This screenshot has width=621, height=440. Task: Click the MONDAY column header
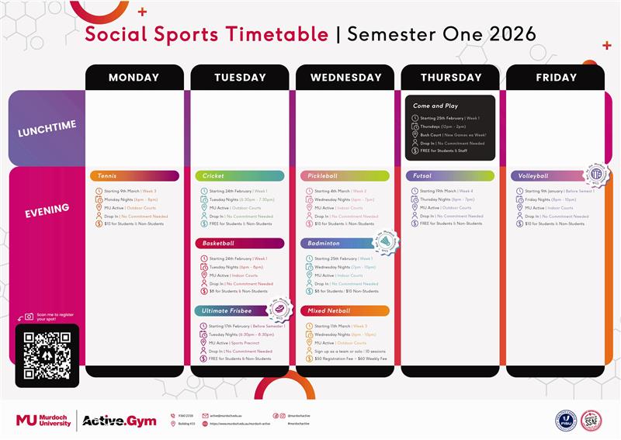[134, 78]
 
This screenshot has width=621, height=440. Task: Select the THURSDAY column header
[450, 78]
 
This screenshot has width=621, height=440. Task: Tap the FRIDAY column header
[556, 78]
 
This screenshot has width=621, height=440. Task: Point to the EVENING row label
[45, 208]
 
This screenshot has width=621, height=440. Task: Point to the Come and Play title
[435, 106]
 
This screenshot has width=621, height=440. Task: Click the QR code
[47, 355]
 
